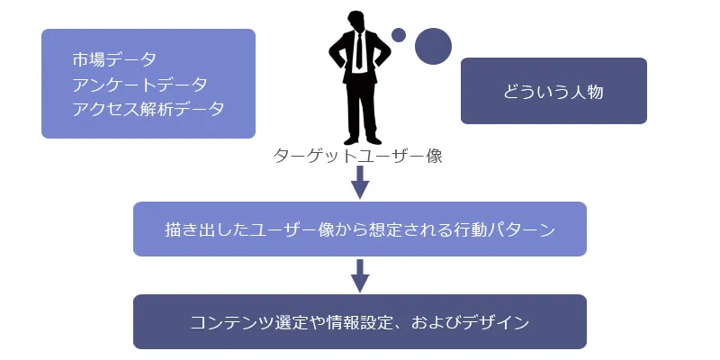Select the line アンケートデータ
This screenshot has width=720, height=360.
pyautogui.click(x=139, y=84)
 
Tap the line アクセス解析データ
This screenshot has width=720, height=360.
pyautogui.click(x=148, y=108)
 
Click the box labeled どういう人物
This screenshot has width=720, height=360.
pyautogui.click(x=553, y=91)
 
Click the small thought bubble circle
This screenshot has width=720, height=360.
pyautogui.click(x=399, y=35)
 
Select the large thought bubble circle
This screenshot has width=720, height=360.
pyautogui.click(x=433, y=46)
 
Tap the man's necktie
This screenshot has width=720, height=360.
pyautogui.click(x=359, y=50)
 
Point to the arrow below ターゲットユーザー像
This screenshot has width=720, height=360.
pyautogui.click(x=360, y=183)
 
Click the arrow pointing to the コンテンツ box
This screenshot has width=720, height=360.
pyautogui.click(x=360, y=275)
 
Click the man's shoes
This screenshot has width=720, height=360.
pyautogui.click(x=360, y=140)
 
